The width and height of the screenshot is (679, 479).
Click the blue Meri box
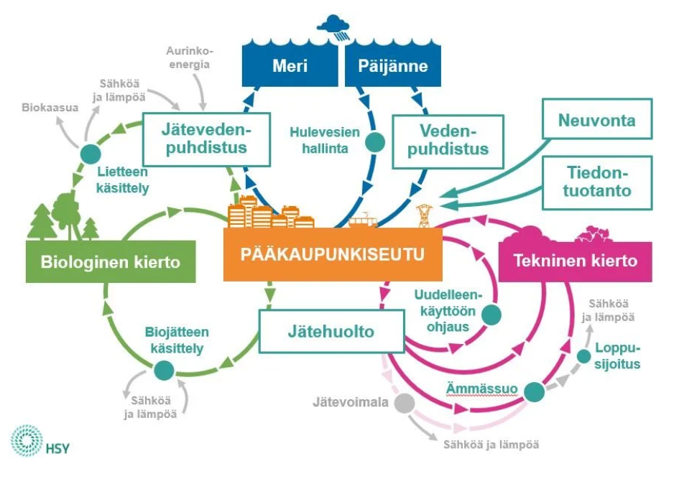tap(290, 66)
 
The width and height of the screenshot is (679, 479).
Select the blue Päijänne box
tap(392, 66)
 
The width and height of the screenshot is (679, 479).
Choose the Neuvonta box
tap(596, 120)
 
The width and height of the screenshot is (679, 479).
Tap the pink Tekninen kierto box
tap(576, 260)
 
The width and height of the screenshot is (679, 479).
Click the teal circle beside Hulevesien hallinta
tap(374, 141)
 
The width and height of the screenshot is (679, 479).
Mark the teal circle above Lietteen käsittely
tap(90, 153)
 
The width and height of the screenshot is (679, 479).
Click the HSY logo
tap(40, 443)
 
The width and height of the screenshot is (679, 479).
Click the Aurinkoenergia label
tap(188, 57)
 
